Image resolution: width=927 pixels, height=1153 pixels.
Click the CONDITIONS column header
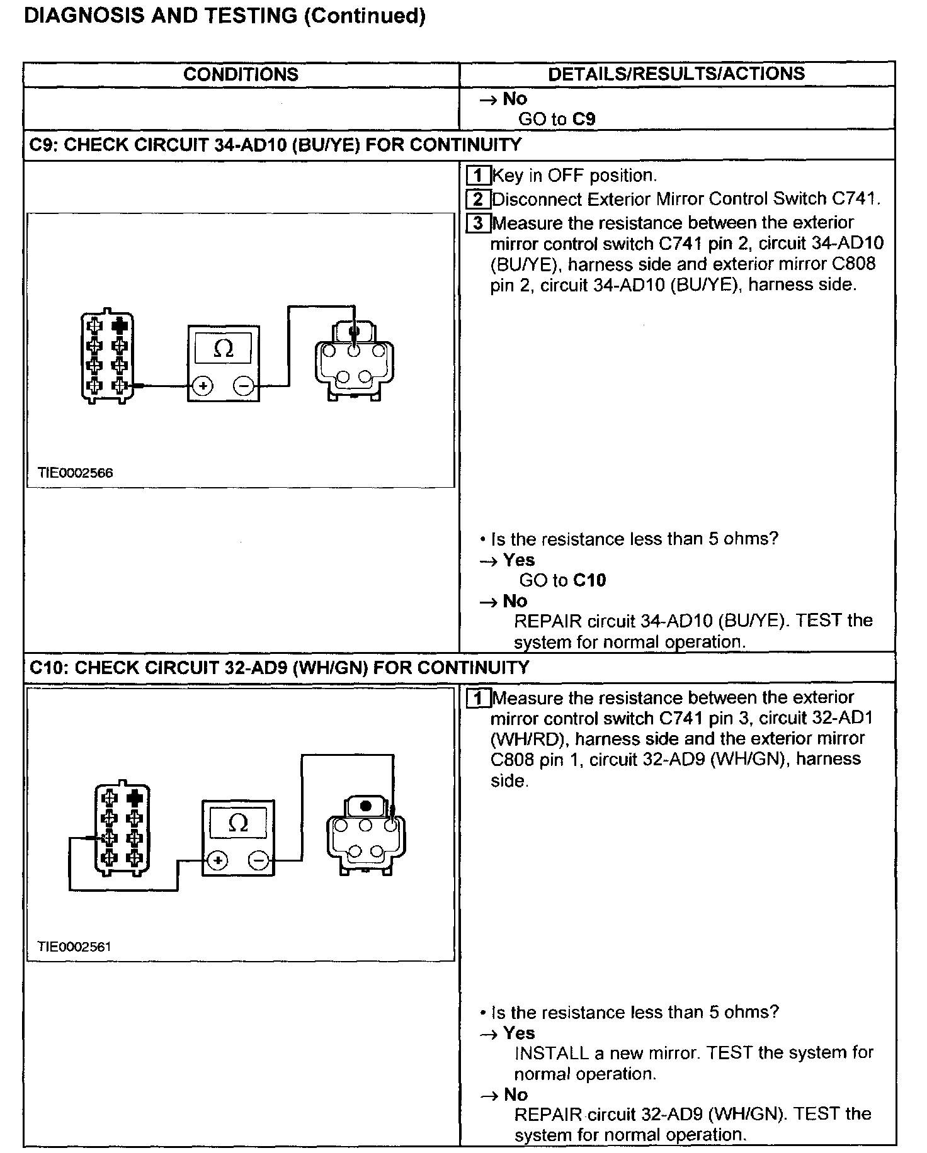[x=241, y=74]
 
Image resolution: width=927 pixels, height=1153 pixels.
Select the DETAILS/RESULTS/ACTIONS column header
[x=676, y=74]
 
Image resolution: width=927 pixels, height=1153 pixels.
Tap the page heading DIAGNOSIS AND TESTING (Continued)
[x=224, y=16]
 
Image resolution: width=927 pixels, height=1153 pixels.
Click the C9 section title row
[x=276, y=145]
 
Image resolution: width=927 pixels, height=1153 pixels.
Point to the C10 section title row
[x=280, y=667]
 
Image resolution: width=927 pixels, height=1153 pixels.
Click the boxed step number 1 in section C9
[x=478, y=175]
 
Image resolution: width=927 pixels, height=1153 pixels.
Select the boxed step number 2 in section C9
[x=478, y=199]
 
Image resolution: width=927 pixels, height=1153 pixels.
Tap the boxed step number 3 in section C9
[x=478, y=223]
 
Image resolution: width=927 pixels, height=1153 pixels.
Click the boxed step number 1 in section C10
[x=478, y=697]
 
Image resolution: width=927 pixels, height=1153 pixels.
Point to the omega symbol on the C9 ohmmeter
[x=223, y=348]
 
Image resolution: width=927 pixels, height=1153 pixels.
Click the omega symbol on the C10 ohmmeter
[x=237, y=823]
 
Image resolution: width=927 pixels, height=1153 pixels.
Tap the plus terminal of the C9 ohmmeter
[x=203, y=386]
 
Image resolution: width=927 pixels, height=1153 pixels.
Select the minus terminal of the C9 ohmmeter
[x=244, y=386]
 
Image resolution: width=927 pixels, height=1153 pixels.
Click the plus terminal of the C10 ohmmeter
[x=217, y=860]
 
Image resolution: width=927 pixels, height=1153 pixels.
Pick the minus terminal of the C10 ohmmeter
[x=258, y=860]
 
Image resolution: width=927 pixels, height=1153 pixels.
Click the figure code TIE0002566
[x=76, y=473]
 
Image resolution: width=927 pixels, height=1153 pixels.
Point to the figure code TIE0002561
[x=75, y=947]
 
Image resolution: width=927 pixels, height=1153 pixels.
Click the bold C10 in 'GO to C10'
[x=589, y=580]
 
